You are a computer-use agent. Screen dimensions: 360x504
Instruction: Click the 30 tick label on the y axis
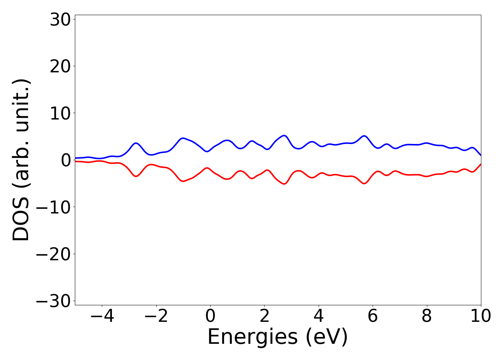coord(59,20)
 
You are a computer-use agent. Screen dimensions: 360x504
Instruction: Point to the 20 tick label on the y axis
coord(59,67)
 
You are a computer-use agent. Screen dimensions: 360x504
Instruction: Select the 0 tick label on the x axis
coord(210,316)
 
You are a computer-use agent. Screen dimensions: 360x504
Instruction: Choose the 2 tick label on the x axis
coord(265,316)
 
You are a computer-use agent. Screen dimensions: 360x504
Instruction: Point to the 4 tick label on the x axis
coord(319,316)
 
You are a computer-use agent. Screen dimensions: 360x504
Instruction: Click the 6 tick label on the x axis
coord(373,316)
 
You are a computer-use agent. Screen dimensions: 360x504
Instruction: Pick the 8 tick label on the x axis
coord(427,316)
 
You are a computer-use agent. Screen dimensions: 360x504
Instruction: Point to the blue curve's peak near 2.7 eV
coord(284,136)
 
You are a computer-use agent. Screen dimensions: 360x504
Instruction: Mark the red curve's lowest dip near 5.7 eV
coord(364,184)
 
